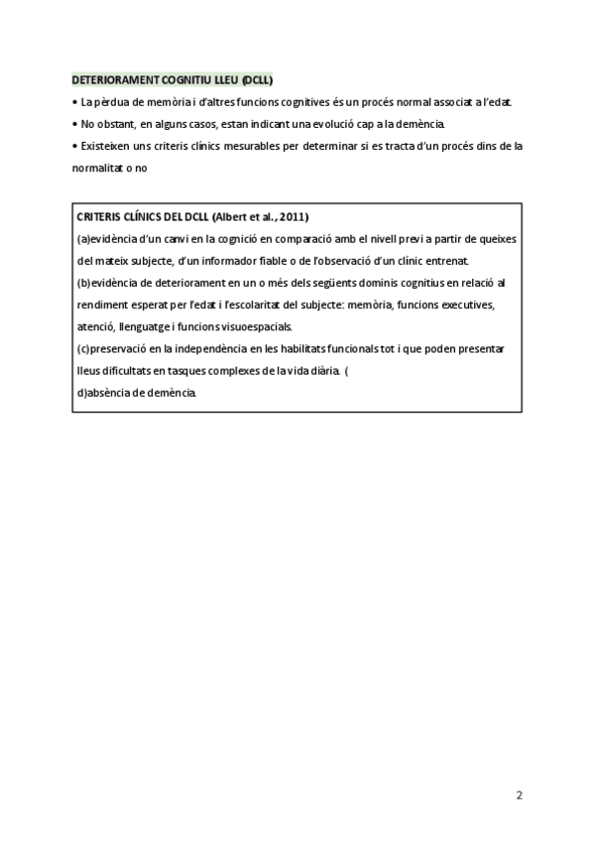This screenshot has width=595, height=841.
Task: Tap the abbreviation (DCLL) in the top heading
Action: tap(257, 80)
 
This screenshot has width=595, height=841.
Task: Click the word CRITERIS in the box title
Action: tap(100, 217)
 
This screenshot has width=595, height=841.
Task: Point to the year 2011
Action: tap(293, 217)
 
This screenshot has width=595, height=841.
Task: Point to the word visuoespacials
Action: tap(253, 326)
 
